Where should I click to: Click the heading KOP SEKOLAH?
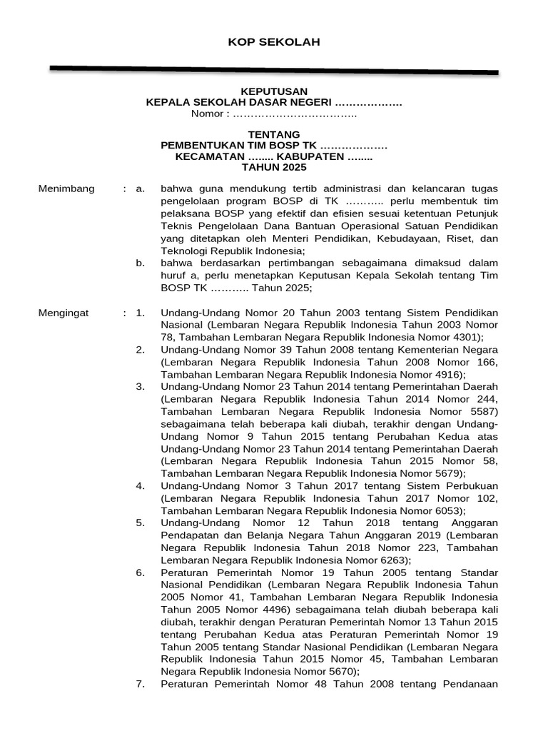[274, 42]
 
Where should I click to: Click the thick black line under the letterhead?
[274, 70]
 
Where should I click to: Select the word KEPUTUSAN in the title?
[274, 91]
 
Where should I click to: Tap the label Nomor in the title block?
[207, 114]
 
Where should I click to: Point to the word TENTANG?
[274, 134]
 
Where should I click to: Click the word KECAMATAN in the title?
[209, 156]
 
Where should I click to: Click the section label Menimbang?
[66, 188]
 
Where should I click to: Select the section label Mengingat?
[65, 313]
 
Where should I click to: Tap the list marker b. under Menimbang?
[141, 263]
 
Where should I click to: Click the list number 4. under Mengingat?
[141, 486]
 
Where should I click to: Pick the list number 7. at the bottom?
[141, 685]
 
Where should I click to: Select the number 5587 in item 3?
[482, 412]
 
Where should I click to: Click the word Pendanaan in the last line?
[472, 685]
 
